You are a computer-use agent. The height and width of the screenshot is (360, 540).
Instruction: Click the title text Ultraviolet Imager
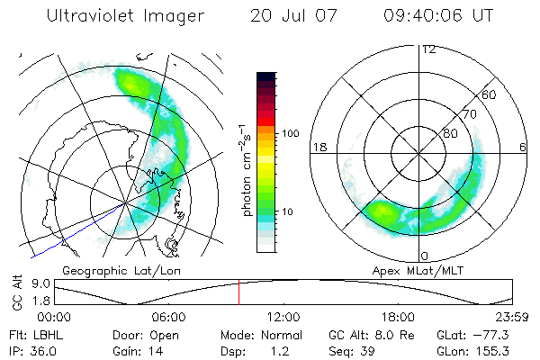[x=124, y=15]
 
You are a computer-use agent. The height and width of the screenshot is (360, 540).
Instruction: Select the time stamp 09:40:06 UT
[x=438, y=15]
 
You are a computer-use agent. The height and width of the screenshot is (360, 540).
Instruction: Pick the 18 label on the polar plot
[x=319, y=147]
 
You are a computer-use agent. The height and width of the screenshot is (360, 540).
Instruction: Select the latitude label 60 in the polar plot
[x=490, y=94]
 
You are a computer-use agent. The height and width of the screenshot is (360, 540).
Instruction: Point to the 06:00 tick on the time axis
[x=168, y=317]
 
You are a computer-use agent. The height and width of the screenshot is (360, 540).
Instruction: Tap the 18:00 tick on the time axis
[x=398, y=317]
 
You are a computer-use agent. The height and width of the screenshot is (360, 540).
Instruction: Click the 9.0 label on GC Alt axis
[x=38, y=283]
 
